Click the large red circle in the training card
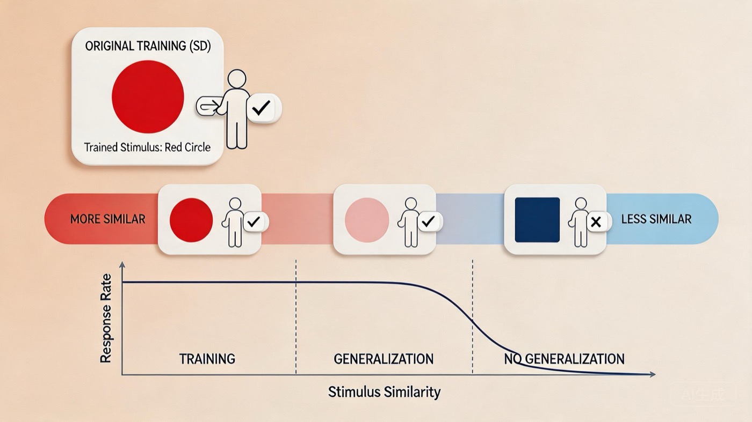[x=148, y=97]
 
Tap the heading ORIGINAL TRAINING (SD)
[x=148, y=46]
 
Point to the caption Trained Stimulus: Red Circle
[x=148, y=147]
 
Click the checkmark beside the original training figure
[x=262, y=109]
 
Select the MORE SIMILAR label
[x=107, y=219]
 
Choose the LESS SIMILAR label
[x=656, y=219]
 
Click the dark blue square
[x=537, y=220]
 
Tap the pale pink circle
[x=367, y=220]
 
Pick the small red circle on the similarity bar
[x=191, y=220]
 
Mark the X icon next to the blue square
[x=595, y=221]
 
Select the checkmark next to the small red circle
[x=255, y=221]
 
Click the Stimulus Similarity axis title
[x=384, y=392]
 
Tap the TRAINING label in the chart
[x=207, y=359]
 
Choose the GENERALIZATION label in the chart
[x=384, y=359]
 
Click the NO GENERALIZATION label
[x=564, y=359]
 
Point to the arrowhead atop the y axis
[x=122, y=264]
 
